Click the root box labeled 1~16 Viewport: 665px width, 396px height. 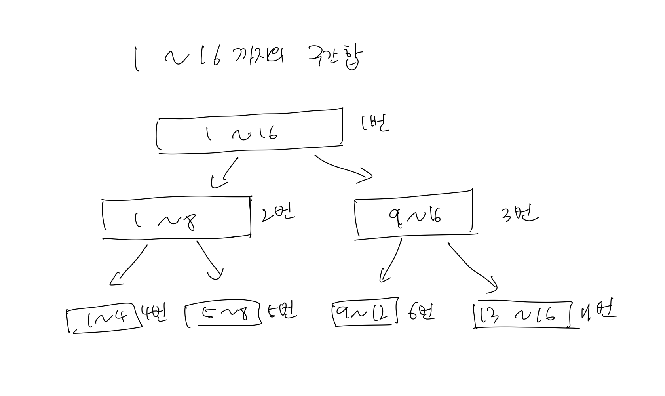pyautogui.click(x=249, y=131)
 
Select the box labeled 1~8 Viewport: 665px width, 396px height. pyautogui.click(x=177, y=219)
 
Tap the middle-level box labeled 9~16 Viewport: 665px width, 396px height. pyautogui.click(x=414, y=214)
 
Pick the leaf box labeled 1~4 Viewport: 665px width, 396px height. pyautogui.click(x=105, y=319)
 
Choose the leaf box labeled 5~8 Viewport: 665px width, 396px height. pyautogui.click(x=223, y=314)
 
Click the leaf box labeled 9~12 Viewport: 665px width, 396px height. pyautogui.click(x=365, y=314)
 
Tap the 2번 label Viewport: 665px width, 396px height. pyautogui.click(x=278, y=214)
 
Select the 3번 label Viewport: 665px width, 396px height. pyautogui.click(x=520, y=215)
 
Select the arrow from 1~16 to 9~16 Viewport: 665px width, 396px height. pyautogui.click(x=343, y=168)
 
